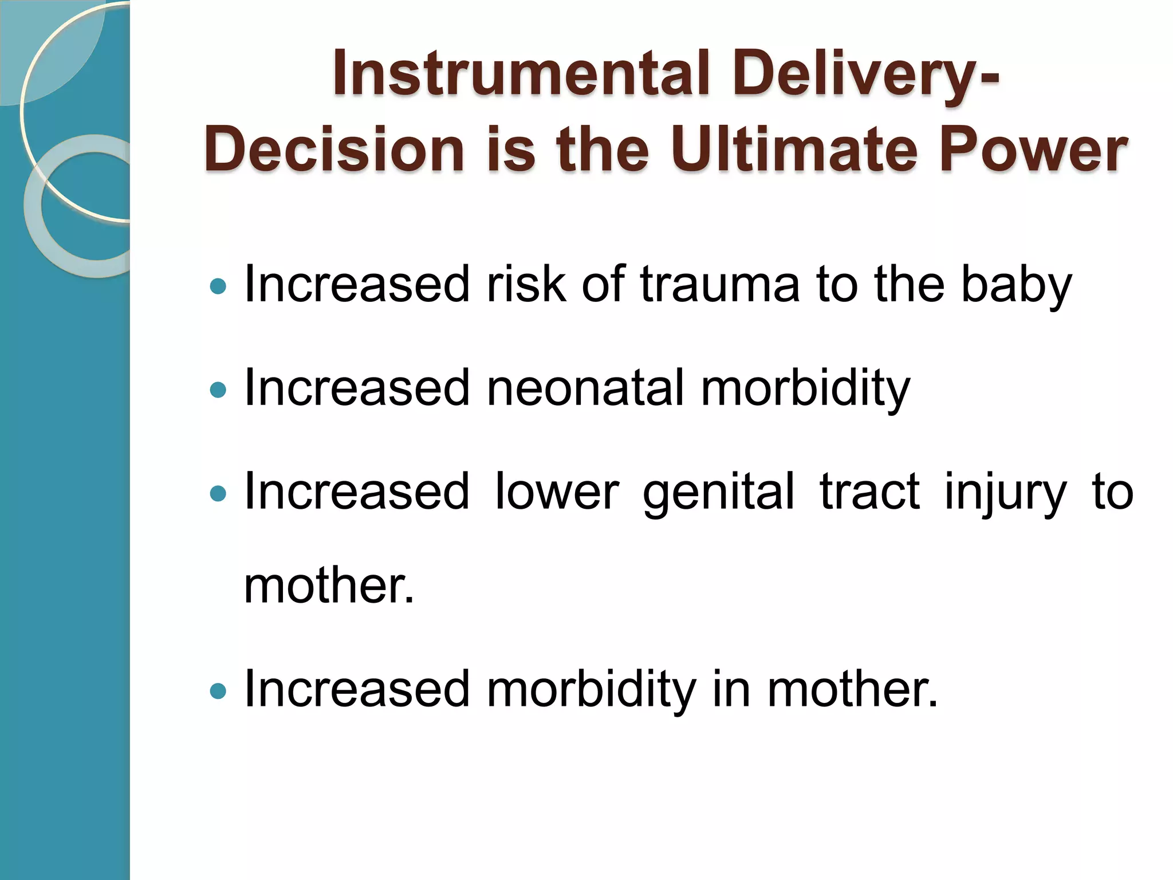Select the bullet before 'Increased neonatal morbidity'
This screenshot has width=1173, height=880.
click(219, 390)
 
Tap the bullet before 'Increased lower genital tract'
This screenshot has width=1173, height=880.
click(219, 493)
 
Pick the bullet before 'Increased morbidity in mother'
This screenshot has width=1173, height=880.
click(219, 691)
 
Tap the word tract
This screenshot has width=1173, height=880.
click(869, 492)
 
